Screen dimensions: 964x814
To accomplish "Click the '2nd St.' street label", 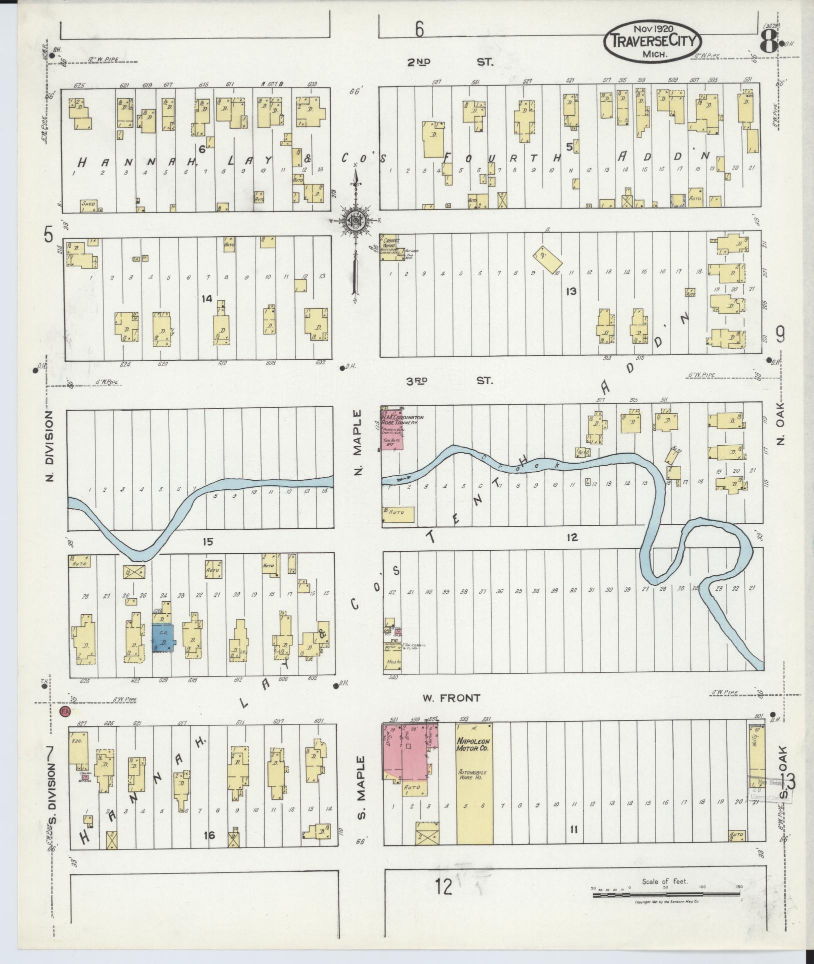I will pyautogui.click(x=448, y=63).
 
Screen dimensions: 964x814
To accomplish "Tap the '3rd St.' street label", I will pyautogui.click(x=448, y=381).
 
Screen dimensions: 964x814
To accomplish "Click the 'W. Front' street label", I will pyautogui.click(x=451, y=698).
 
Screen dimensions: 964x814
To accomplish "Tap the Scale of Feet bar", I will pyautogui.click(x=666, y=894).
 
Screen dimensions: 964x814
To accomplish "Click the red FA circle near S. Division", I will pyautogui.click(x=64, y=712).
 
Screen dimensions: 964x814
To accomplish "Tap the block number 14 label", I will pyautogui.click(x=206, y=299).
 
